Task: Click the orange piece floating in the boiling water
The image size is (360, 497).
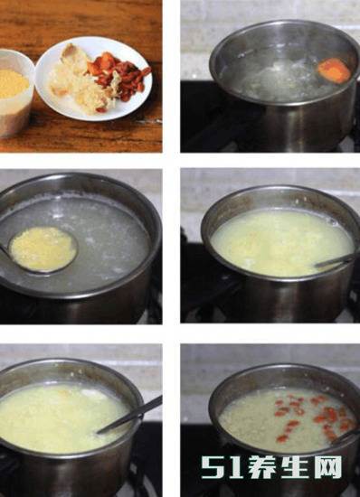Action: (x=335, y=70)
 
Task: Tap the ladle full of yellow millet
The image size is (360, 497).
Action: (x=43, y=249)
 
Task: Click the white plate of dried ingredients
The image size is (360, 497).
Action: (x=93, y=79)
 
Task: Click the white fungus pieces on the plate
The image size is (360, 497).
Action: (x=81, y=82)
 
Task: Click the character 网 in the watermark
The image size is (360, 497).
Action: (x=328, y=467)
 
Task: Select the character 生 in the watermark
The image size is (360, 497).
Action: (x=296, y=467)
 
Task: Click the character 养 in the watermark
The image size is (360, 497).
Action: (x=262, y=467)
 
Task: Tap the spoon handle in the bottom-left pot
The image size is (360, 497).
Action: (x=130, y=415)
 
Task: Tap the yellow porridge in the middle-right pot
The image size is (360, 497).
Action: (x=280, y=242)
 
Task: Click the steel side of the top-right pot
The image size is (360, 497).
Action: (x=305, y=124)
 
